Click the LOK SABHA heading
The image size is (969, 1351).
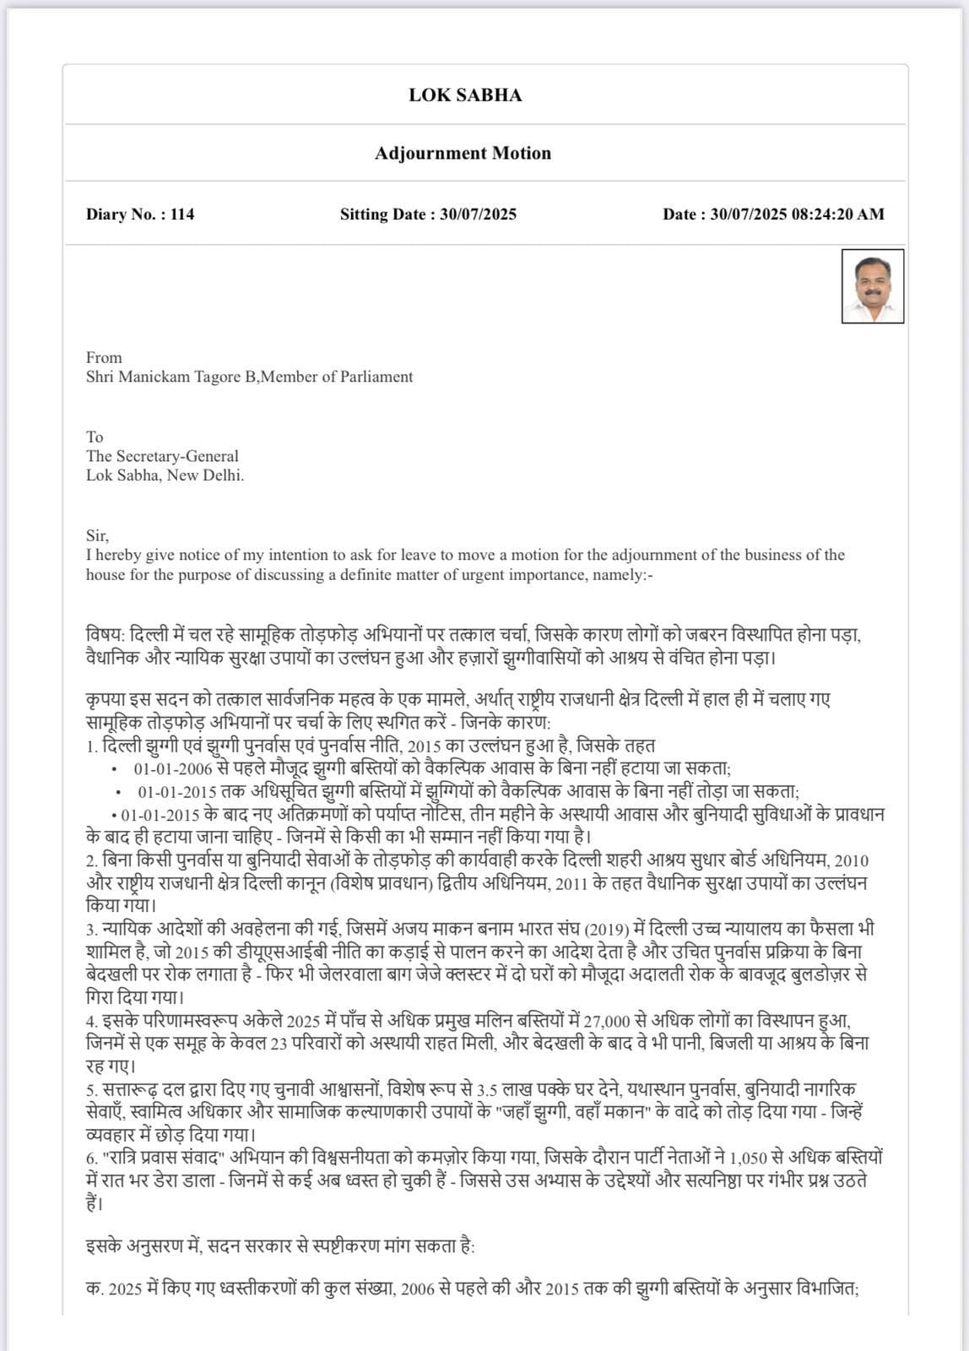(x=465, y=95)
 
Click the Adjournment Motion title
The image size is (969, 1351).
(x=463, y=153)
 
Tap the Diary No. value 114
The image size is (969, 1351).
(x=182, y=214)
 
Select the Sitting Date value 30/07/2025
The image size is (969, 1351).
(x=478, y=214)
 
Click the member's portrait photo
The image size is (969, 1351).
(x=873, y=285)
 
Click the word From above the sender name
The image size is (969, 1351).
(x=104, y=357)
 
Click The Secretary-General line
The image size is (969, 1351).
(x=162, y=456)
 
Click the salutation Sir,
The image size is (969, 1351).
(x=97, y=535)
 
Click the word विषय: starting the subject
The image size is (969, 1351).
(x=105, y=634)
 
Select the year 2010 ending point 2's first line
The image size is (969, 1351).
(x=851, y=860)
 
